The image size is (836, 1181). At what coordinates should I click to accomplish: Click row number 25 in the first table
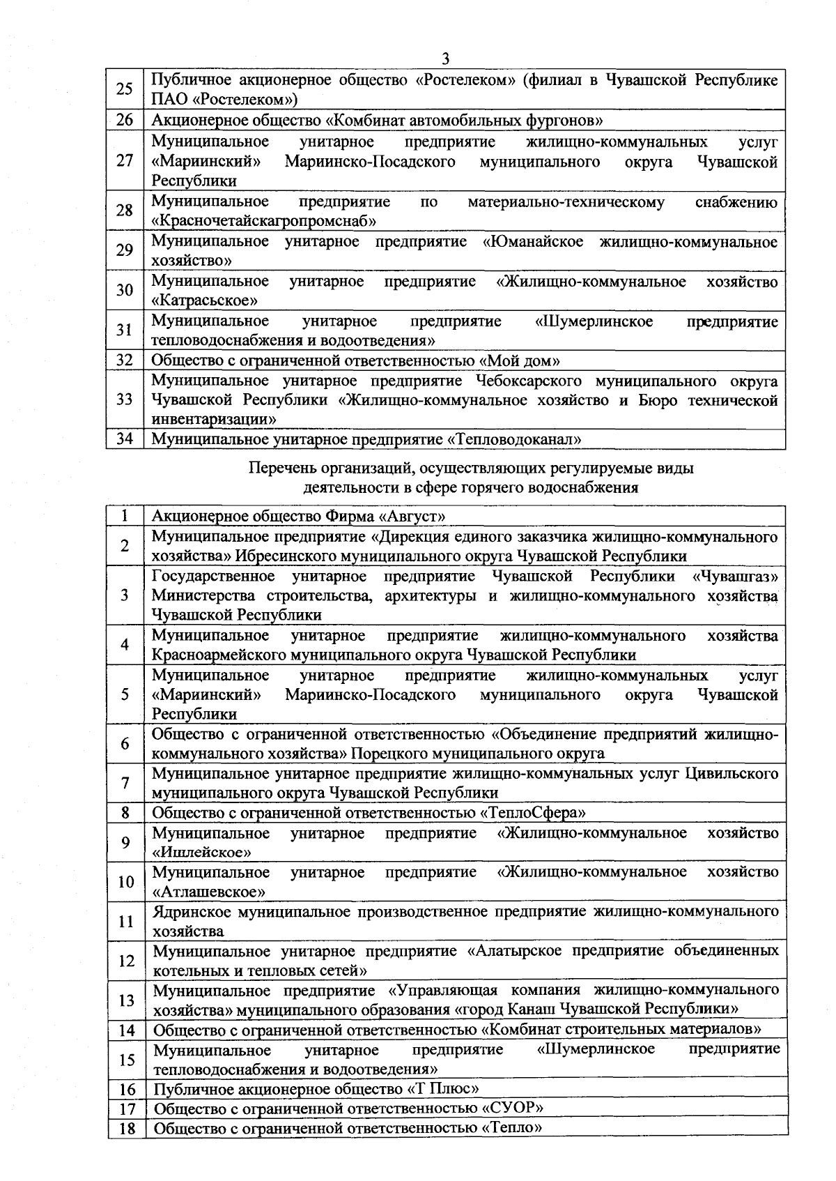click(125, 89)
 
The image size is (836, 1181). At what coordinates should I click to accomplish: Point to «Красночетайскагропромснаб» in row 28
click(265, 222)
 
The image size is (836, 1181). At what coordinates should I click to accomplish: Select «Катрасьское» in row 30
click(205, 301)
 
